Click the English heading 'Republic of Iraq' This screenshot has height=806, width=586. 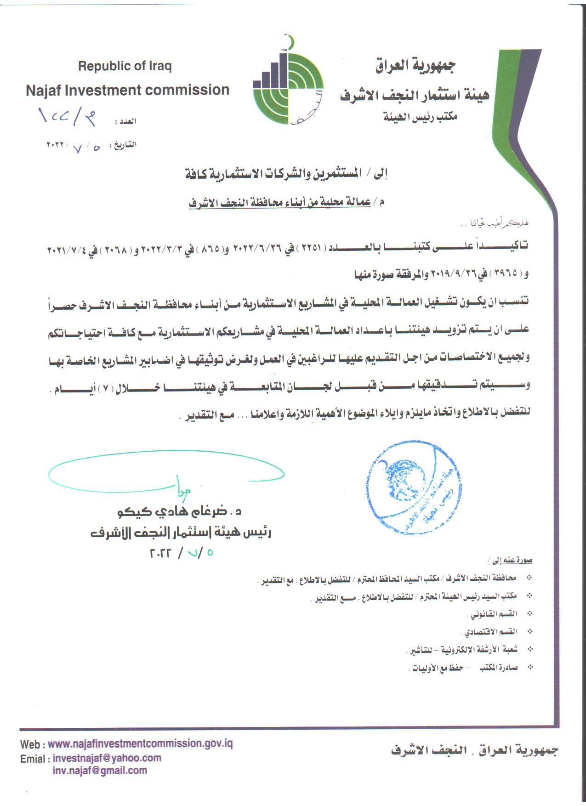(125, 66)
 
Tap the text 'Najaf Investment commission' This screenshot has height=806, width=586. (127, 90)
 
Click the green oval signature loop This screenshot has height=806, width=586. (165, 476)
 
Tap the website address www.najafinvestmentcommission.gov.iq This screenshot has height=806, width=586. (140, 744)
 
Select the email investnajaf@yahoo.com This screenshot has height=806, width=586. (107, 758)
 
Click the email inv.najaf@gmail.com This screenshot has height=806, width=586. (100, 771)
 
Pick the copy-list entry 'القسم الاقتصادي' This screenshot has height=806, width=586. (492, 632)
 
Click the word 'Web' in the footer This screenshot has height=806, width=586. (31, 744)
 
